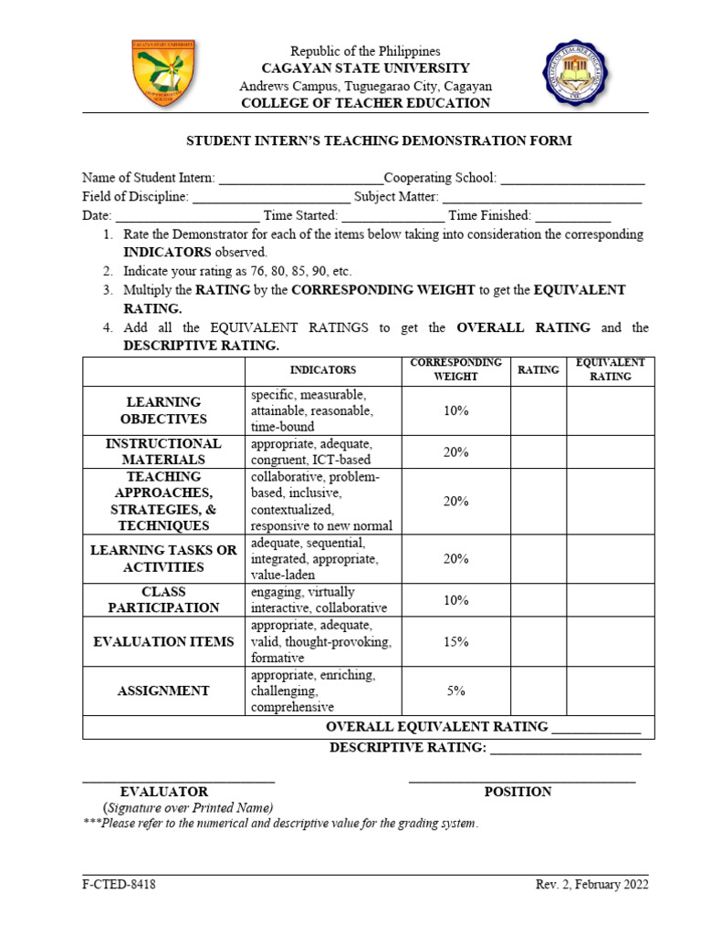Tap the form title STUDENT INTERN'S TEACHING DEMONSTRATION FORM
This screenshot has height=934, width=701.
(x=379, y=140)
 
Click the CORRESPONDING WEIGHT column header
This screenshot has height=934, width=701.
(x=455, y=369)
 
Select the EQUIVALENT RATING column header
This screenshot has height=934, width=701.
(x=610, y=369)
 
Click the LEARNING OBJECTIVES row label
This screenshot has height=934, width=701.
(x=163, y=410)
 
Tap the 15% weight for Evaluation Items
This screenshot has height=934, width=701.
(x=455, y=641)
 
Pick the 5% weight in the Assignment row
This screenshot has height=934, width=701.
(x=455, y=690)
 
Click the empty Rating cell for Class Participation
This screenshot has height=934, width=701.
(x=539, y=599)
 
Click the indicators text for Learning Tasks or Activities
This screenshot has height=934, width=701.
(x=314, y=558)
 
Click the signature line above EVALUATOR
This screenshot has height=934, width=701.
(x=178, y=781)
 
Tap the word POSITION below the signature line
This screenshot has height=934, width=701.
(x=518, y=792)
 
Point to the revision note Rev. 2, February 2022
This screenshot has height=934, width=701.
(x=591, y=885)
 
